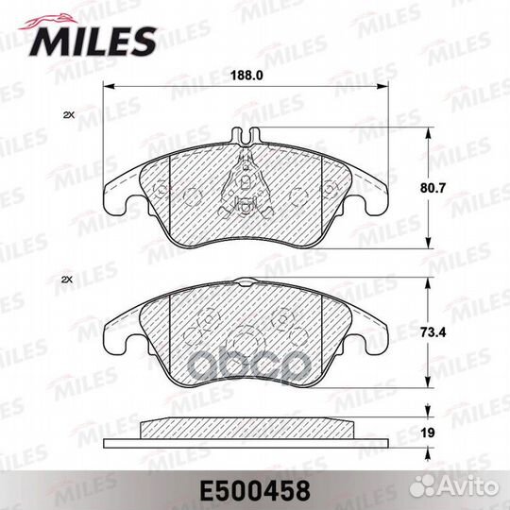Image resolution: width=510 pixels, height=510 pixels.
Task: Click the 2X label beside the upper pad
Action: click(x=67, y=115)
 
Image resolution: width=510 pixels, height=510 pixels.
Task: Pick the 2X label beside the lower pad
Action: click(x=67, y=280)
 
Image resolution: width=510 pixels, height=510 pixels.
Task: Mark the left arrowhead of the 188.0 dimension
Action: click(x=106, y=87)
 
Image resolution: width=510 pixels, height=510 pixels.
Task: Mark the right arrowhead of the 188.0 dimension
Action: click(x=385, y=87)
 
